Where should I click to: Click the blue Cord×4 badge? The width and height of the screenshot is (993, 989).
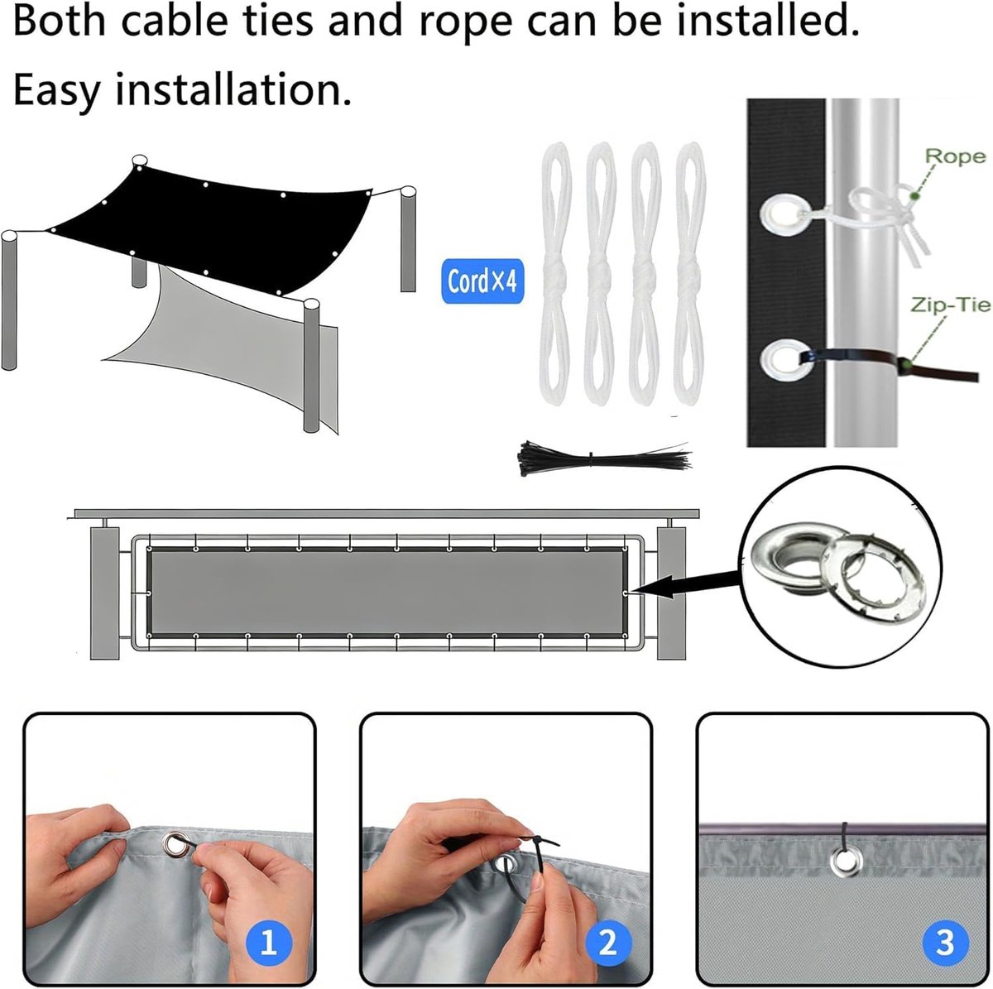coord(482,281)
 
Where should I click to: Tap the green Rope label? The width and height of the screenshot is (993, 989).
coord(955,156)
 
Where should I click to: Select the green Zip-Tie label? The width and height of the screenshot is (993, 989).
coord(951,305)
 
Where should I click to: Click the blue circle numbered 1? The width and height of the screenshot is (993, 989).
coord(268,943)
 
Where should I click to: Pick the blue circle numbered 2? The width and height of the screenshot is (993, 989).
coord(608,943)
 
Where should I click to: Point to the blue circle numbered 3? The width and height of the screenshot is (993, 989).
coord(944,943)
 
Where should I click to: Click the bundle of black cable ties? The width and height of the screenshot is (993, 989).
coord(603,457)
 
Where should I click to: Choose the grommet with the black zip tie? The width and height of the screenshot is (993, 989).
coord(784,359)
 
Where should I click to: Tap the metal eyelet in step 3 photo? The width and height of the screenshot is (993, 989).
coord(846,862)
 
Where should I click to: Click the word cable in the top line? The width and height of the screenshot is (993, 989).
coord(174,20)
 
